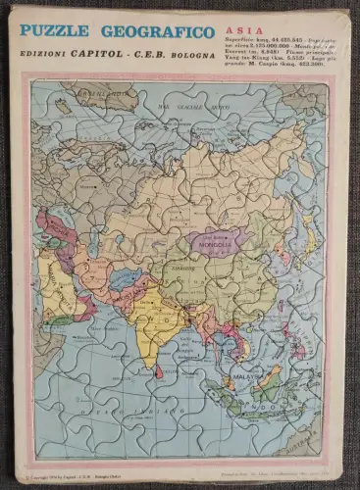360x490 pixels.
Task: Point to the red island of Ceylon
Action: point(158,371)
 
